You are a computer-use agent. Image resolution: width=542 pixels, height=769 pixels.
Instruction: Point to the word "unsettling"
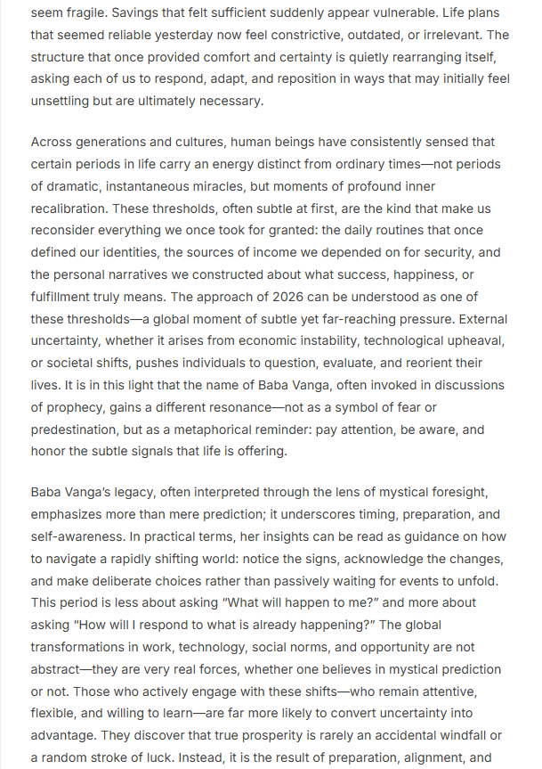point(64,101)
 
